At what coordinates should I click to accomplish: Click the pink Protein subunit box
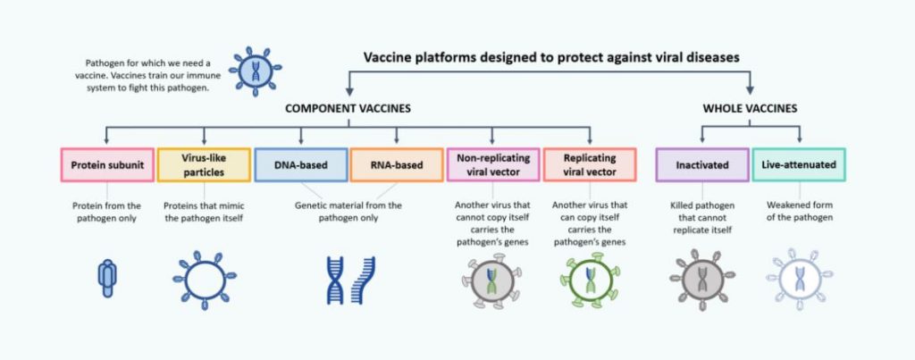(x=105, y=164)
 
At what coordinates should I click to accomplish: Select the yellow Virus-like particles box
(x=204, y=164)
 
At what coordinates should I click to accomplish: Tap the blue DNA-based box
(x=301, y=164)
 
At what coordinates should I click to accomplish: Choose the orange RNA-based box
(x=395, y=164)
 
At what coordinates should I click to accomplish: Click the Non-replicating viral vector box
(x=492, y=164)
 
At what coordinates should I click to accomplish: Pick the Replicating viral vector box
(x=590, y=164)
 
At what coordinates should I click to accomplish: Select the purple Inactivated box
(x=702, y=164)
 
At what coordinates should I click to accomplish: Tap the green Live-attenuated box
(x=799, y=164)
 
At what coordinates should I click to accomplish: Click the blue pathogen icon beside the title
(x=255, y=71)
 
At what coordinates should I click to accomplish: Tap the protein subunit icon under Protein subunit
(x=105, y=278)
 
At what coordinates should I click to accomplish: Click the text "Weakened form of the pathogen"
(x=799, y=211)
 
